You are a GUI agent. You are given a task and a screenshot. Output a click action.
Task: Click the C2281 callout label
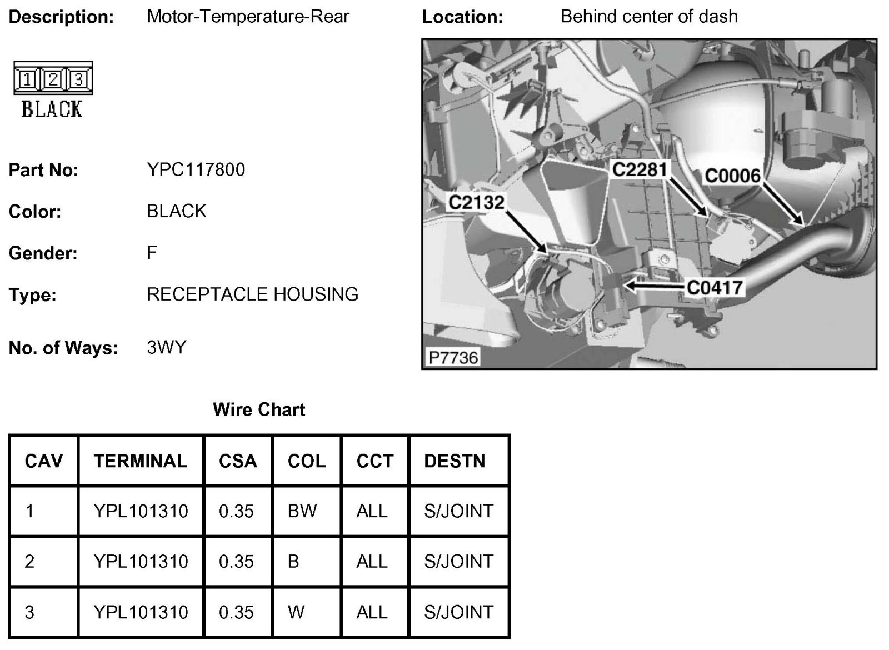point(639,169)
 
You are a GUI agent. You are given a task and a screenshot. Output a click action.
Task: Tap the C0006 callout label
point(732,176)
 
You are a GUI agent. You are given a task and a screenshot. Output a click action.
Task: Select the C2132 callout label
point(476,202)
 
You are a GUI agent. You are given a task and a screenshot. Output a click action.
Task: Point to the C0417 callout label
point(715,287)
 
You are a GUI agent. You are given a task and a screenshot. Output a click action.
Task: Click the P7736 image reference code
point(453,357)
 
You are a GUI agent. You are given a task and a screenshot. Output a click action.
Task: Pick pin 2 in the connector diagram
point(53,80)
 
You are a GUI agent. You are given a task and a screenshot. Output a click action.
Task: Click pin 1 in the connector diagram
point(27,80)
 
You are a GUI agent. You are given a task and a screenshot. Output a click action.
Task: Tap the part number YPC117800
point(196,169)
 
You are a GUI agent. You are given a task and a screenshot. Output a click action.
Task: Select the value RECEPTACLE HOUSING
point(252,294)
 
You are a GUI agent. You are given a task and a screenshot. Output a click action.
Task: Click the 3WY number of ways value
point(166,347)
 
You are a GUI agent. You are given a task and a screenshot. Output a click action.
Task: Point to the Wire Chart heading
point(259,409)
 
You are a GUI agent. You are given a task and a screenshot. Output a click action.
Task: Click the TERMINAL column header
point(141,461)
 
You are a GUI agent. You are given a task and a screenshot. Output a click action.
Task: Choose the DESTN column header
point(455,461)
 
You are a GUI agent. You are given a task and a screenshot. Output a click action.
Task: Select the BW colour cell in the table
point(302,511)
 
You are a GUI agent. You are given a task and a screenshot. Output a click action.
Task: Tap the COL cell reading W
point(296,612)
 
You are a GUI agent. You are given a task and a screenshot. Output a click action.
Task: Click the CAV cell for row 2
point(29,561)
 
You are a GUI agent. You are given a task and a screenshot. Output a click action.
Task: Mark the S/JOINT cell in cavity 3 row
point(458,612)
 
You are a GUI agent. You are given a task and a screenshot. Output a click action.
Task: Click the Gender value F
point(152,253)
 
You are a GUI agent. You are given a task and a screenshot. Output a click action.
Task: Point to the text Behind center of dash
point(649,17)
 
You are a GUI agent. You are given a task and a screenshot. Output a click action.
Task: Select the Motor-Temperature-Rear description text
point(248,17)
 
